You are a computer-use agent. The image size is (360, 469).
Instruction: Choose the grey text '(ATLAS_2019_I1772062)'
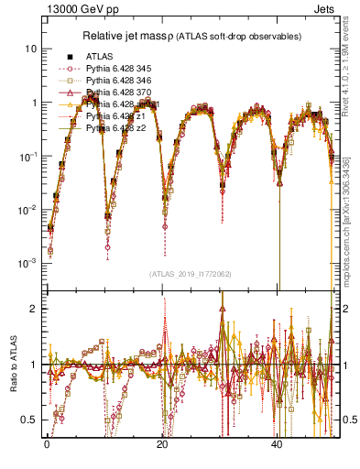pos(190,273)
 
